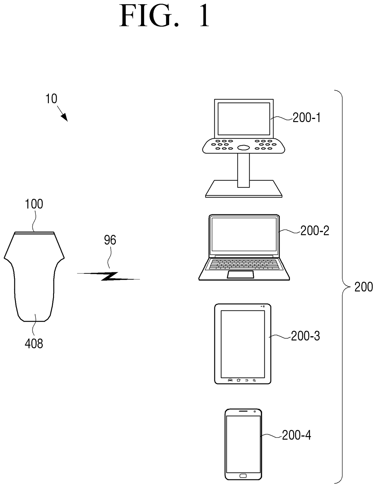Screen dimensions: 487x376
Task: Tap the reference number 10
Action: tap(51, 99)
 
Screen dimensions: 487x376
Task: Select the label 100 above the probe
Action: tap(34, 204)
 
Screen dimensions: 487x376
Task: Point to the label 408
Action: tap(34, 344)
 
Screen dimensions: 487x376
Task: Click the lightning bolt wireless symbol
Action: tap(109, 276)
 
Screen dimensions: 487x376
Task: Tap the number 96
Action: tap(110, 240)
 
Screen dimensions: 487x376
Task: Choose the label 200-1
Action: tap(306, 118)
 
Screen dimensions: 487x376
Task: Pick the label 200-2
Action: tap(315, 231)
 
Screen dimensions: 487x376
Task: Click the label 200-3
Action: tap(305, 336)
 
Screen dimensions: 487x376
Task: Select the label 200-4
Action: tap(297, 435)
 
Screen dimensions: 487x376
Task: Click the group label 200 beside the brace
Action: tap(364, 287)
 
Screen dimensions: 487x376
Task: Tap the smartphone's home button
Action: tap(243, 475)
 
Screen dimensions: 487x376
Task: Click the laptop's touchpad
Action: tap(241, 274)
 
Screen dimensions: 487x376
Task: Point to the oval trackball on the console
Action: tap(243, 147)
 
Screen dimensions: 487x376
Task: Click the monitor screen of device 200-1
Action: tap(243, 118)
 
